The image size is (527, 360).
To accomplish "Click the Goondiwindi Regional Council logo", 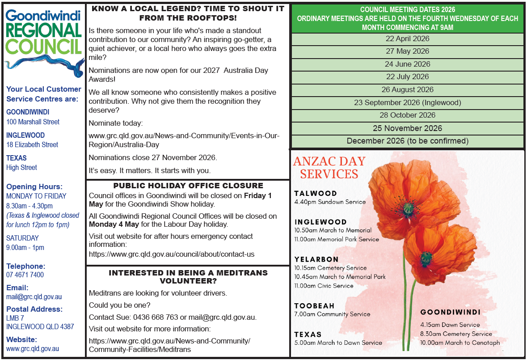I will pyautogui.click(x=44, y=42).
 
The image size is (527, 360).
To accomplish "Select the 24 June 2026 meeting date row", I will pyautogui.click(x=407, y=64).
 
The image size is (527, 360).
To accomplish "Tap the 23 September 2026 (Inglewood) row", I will pyautogui.click(x=407, y=102).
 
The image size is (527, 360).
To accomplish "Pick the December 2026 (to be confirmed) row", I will pyautogui.click(x=407, y=141).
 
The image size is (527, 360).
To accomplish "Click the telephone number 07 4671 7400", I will pyautogui.click(x=25, y=275).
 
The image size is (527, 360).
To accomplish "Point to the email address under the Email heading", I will pyautogui.click(x=34, y=296).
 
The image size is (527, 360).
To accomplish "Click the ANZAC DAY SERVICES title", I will pyautogui.click(x=329, y=167).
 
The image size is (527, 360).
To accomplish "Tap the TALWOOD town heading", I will pyautogui.click(x=316, y=193).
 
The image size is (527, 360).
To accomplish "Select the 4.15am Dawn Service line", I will pyautogui.click(x=450, y=325).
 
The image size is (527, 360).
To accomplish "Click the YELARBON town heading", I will pyautogui.click(x=316, y=259).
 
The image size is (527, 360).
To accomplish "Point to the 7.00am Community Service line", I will pyautogui.click(x=332, y=314).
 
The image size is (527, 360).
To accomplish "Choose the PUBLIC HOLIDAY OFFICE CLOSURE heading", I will pyautogui.click(x=188, y=186).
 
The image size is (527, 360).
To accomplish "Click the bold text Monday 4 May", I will pyautogui.click(x=110, y=224).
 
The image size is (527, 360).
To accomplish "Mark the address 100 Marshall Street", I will pyautogui.click(x=33, y=122).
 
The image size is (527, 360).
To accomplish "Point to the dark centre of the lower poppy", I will pyautogui.click(x=426, y=258).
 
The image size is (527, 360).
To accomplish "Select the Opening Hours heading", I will pyautogui.click(x=34, y=186).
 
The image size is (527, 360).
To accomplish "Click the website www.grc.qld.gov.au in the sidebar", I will pyautogui.click(x=33, y=348).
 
